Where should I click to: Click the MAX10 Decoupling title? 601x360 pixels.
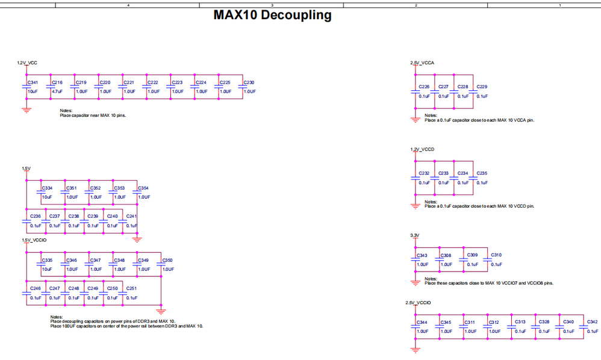272,15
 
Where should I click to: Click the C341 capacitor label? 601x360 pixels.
33,82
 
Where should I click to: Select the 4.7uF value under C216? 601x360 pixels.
57,92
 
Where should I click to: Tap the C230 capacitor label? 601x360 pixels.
249,82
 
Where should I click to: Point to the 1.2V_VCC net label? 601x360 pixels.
27,63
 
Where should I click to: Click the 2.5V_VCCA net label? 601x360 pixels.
422,63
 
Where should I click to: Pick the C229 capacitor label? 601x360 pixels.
482,87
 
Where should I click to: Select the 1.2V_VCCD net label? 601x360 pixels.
422,149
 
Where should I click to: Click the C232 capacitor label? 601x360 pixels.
424,173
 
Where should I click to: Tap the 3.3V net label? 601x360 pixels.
414,235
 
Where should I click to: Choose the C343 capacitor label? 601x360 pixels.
422,255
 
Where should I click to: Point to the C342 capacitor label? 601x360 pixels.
592,322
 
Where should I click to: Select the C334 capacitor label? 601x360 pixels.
47,188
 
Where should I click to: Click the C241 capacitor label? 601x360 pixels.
131,216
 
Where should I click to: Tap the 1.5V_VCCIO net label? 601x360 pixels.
34,240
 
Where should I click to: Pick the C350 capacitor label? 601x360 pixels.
167,260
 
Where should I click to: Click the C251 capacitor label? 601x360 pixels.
131,288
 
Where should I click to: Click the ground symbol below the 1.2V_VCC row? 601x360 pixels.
26,110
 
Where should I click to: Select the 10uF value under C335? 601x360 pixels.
47,269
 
